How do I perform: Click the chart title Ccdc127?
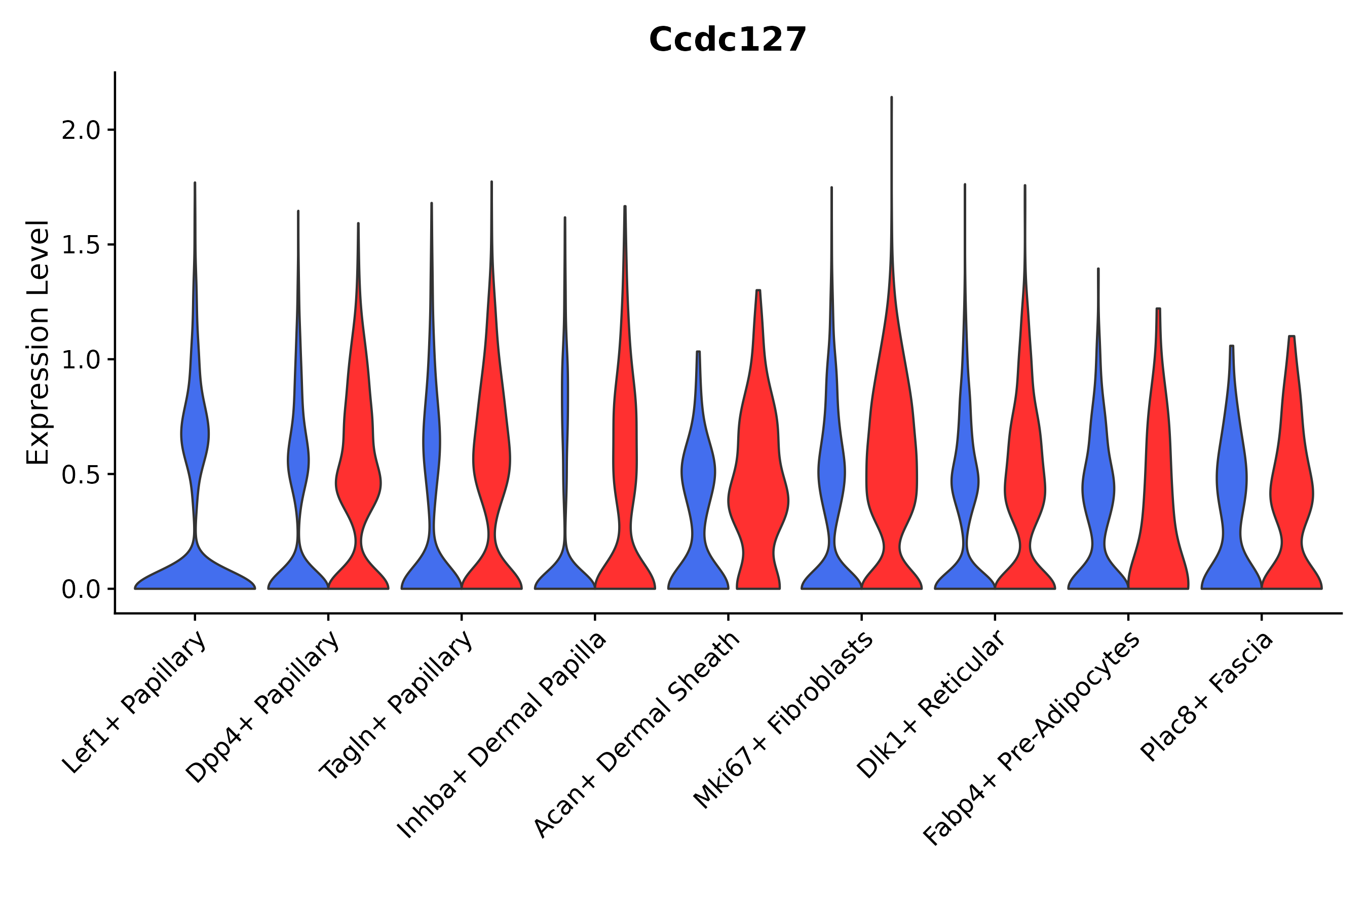(727, 40)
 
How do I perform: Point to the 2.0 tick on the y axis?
(82, 130)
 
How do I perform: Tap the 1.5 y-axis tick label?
(82, 245)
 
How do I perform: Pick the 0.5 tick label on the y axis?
(82, 475)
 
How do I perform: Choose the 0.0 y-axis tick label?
(82, 590)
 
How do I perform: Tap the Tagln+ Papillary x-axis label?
(397, 706)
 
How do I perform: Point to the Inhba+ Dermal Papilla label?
(502, 735)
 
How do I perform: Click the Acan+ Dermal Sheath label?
(637, 735)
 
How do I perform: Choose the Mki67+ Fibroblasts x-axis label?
(783, 721)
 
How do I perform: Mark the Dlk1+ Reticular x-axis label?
(931, 705)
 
